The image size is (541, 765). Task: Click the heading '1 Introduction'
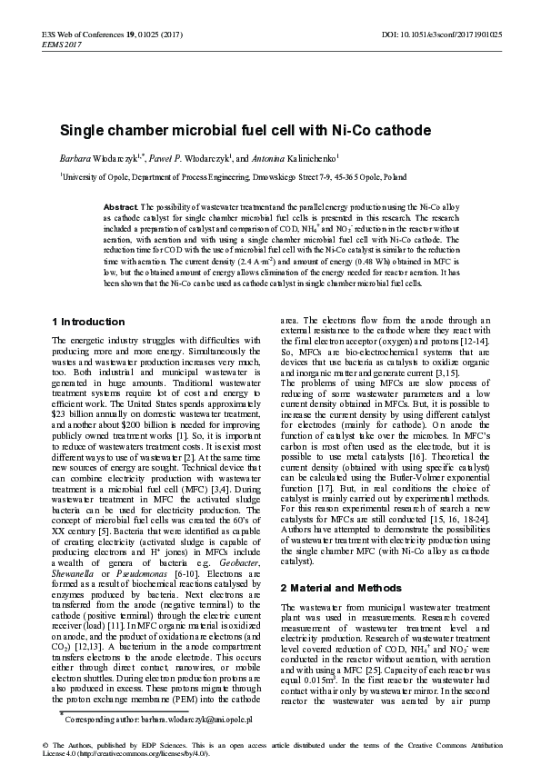tap(88, 322)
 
